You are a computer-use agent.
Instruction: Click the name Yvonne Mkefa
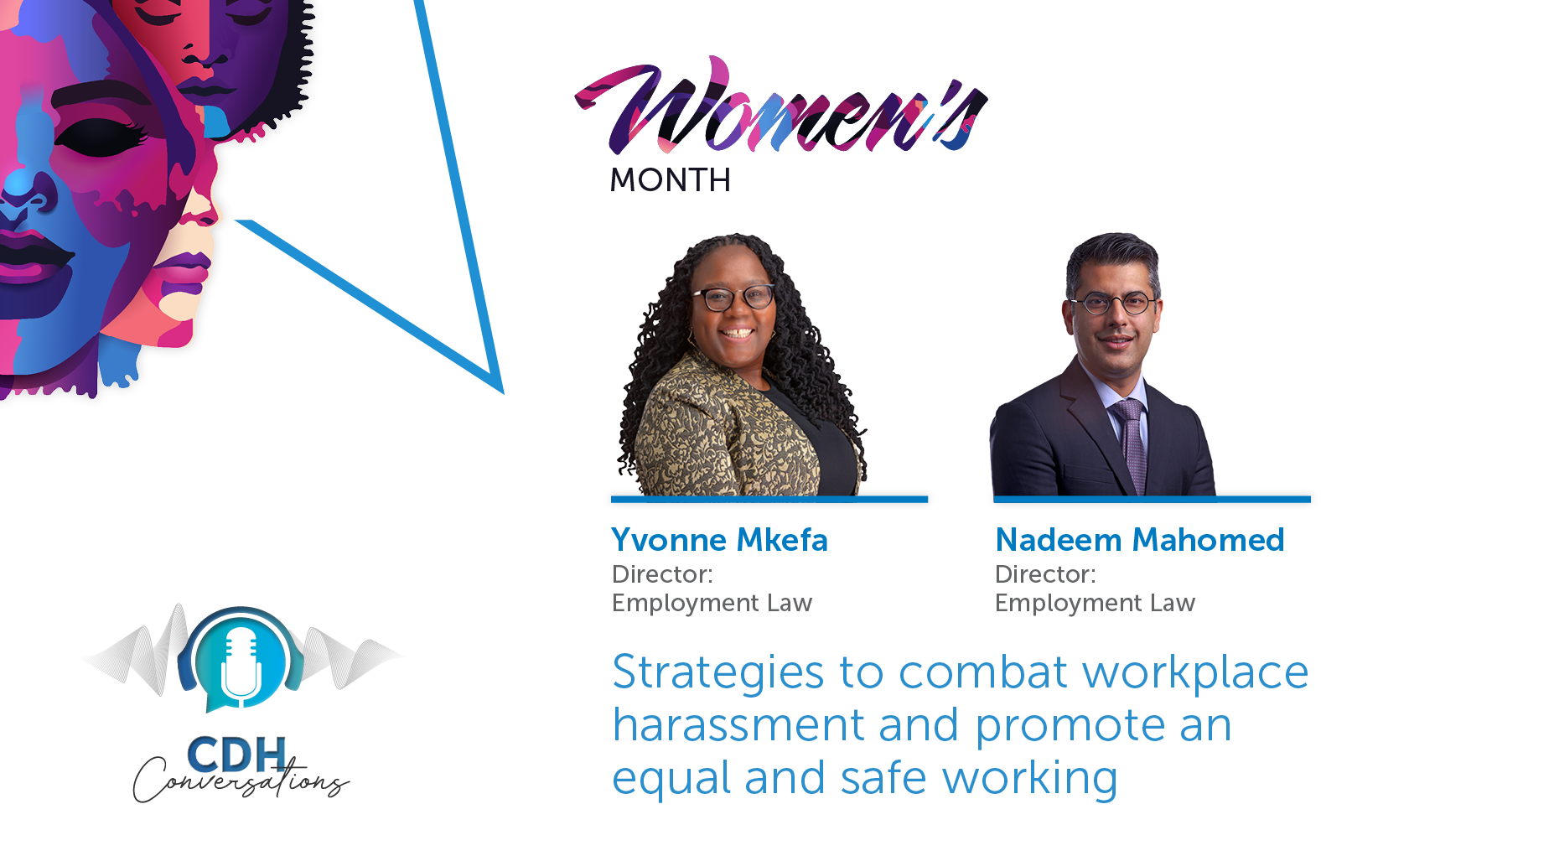719,540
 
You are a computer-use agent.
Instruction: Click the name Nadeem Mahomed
1139,540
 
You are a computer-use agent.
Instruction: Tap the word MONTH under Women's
670,180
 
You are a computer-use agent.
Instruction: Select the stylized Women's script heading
781,106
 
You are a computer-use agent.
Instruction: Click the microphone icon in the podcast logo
241,662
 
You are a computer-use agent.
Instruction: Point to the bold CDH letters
236,754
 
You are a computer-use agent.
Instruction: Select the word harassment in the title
738,725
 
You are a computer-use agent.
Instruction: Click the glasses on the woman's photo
733,297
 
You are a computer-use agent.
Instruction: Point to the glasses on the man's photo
1113,303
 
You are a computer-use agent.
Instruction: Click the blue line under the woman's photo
769,500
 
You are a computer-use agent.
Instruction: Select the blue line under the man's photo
1152,500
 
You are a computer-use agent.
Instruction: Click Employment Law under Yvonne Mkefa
712,604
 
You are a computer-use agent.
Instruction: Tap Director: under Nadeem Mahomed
1045,574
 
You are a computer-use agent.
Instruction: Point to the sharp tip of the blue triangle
502,392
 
